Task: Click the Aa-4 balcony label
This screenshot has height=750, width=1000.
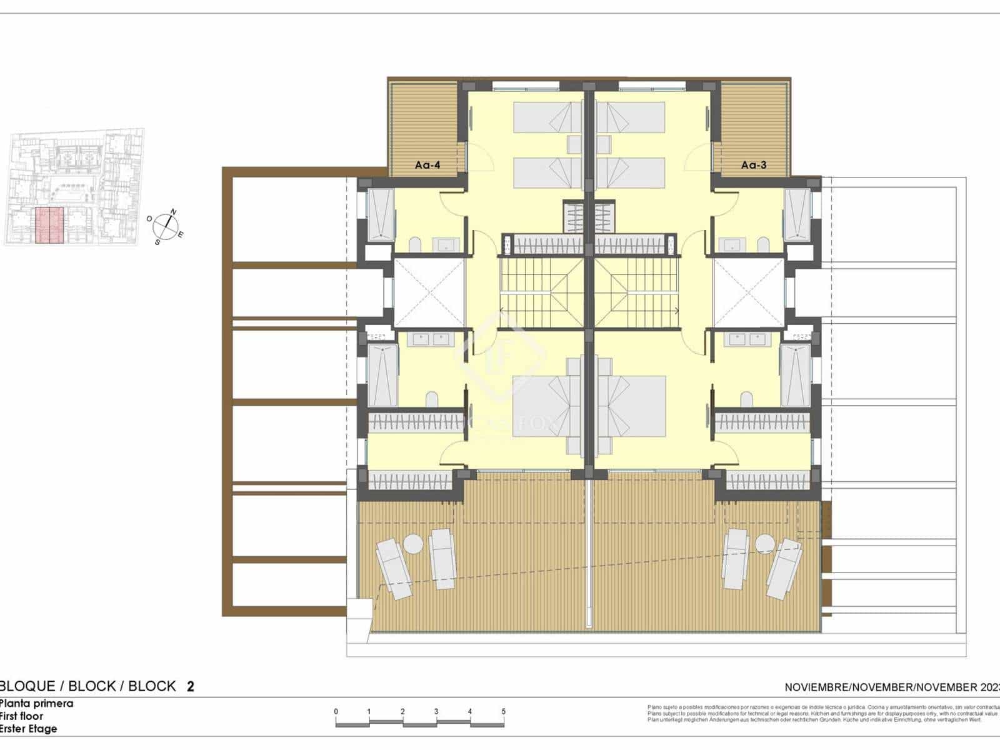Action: [x=427, y=165]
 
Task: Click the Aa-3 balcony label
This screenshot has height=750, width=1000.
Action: [x=753, y=165]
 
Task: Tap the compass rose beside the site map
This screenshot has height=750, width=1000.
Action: [x=165, y=226]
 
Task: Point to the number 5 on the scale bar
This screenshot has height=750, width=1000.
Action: [x=503, y=711]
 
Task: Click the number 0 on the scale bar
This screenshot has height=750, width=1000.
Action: [x=336, y=711]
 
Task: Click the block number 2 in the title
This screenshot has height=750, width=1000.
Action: [x=191, y=686]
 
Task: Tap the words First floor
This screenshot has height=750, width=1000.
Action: [x=22, y=716]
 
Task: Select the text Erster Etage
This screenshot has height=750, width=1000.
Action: [x=28, y=729]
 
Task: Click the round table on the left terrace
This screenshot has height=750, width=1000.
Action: [x=413, y=544]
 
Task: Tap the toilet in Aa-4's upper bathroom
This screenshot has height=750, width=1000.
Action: [x=415, y=243]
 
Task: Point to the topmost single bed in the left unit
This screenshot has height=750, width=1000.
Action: [x=547, y=117]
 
